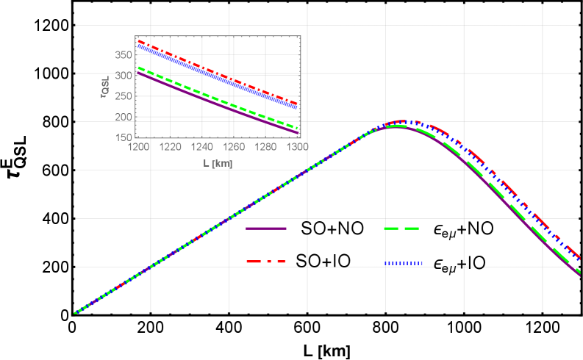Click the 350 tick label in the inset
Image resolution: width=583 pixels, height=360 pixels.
click(124, 55)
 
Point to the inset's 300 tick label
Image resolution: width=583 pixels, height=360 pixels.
click(124, 76)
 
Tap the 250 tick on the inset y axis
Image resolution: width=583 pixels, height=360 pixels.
click(124, 96)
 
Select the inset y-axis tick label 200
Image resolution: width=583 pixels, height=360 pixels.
click(124, 117)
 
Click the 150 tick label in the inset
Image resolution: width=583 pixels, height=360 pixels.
click(124, 137)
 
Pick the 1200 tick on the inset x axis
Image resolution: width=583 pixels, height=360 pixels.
click(137, 147)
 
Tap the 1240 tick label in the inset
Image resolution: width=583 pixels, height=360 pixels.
click(201, 147)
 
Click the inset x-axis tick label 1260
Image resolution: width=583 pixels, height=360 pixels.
click(234, 147)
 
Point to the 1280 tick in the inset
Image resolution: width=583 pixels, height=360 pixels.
click(265, 147)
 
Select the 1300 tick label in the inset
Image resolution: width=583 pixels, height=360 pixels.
click(297, 147)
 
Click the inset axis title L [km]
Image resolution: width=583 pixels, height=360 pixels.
click(218, 163)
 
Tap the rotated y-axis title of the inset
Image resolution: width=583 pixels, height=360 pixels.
click(106, 87)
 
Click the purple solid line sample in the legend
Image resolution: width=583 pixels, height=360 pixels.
click(265, 228)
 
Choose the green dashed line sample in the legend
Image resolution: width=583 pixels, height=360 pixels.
click(401, 228)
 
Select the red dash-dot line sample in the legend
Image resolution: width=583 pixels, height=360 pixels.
click(265, 262)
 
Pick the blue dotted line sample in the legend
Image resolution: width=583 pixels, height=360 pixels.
click(404, 262)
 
